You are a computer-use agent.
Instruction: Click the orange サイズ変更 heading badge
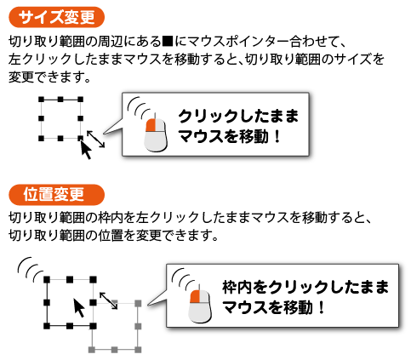tap(57, 17)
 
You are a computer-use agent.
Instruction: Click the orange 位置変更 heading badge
tap(57, 195)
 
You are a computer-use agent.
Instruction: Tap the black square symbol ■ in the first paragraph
tap(168, 42)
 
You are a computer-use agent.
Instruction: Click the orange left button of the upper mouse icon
tap(151, 125)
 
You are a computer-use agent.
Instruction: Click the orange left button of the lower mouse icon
tap(195, 296)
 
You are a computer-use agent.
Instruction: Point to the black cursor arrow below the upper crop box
tap(86, 150)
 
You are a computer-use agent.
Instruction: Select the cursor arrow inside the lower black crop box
tap(79, 308)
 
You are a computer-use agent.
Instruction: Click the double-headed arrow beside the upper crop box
tap(95, 139)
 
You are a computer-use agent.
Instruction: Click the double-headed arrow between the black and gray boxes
tap(108, 300)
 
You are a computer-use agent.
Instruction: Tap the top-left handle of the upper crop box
tap(42, 100)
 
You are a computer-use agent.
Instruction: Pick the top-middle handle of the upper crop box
tap(60, 100)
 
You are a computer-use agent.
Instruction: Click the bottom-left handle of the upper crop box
tap(42, 138)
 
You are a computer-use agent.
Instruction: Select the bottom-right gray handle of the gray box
tap(138, 350)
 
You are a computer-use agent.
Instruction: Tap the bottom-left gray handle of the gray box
tap(91, 350)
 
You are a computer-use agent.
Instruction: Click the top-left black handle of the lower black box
tap(47, 280)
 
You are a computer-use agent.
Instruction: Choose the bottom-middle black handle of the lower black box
tap(70, 326)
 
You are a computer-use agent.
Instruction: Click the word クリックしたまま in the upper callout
tap(238, 116)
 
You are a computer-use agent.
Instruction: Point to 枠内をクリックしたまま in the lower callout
tap(305, 287)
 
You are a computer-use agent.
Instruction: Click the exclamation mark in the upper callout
tap(277, 136)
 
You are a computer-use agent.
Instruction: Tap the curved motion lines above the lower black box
tap(30, 270)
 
